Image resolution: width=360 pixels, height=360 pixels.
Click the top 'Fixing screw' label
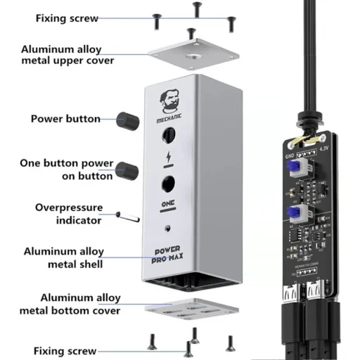click(67, 18)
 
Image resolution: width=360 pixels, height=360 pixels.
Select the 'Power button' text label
click(65, 118)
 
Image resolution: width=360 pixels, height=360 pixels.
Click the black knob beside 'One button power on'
click(127, 169)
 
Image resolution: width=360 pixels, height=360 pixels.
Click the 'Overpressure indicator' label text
click(69, 214)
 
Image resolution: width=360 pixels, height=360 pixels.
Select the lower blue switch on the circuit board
click(295, 214)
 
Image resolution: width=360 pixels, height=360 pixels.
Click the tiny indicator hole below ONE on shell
click(168, 229)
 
